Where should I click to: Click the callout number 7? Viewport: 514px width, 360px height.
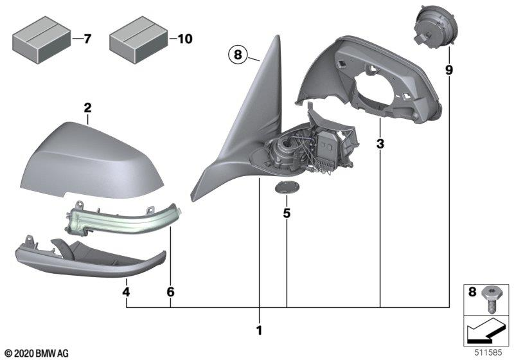pos(87,40)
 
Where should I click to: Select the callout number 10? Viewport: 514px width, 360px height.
pos(184,40)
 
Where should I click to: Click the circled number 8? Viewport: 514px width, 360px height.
pos(237,56)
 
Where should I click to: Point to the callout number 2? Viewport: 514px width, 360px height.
pos(87,108)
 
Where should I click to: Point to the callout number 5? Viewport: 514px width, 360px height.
pos(287,212)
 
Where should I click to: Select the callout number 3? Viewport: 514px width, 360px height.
pos(380,145)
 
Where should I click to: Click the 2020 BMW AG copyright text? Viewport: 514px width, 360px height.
pos(36,353)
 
